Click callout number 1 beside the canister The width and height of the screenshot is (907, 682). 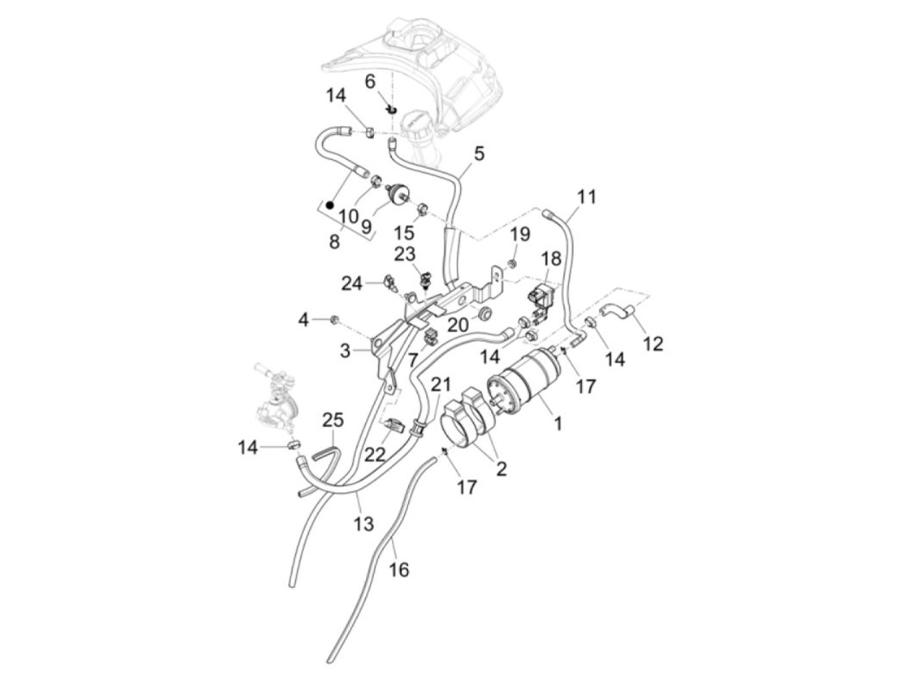pos(558,423)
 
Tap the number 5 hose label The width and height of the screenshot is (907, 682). pos(479,154)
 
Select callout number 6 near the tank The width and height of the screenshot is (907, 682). pos(370,82)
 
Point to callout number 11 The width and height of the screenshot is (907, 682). pos(586,196)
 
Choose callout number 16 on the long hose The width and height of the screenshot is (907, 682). pos(398,570)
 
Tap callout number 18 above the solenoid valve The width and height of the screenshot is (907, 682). pos(551,258)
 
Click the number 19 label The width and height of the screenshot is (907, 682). pos(520,235)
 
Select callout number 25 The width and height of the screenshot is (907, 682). pos(333,420)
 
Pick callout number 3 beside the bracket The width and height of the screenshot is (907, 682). pos(345,351)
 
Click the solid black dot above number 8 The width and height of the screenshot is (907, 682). pos(330,204)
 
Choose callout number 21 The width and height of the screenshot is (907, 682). pos(441,385)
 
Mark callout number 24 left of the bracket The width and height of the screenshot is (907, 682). pos(352,284)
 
